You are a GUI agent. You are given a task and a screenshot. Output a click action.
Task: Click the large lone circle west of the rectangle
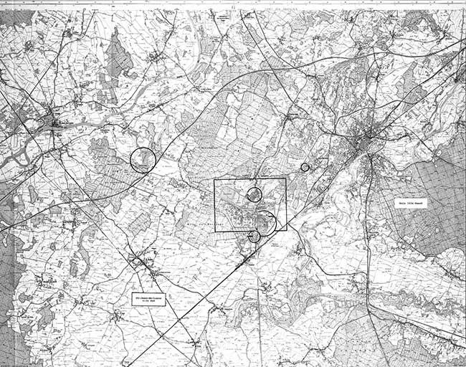click(143, 159)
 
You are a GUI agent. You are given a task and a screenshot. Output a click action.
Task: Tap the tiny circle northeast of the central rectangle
click(305, 167)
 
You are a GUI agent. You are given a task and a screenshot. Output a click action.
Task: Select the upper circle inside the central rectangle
click(254, 194)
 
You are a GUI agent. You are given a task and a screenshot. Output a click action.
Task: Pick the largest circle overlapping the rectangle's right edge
click(265, 223)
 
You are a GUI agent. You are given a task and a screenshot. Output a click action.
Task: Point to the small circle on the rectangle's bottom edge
click(254, 236)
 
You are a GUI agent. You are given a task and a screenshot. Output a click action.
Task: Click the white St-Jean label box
click(149, 298)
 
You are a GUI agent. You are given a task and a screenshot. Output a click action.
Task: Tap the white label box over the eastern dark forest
click(412, 204)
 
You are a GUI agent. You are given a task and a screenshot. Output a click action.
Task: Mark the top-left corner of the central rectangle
click(215, 179)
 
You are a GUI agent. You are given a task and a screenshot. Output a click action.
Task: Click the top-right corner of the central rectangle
click(286, 179)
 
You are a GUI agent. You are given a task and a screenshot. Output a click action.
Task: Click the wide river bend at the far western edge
click(14, 154)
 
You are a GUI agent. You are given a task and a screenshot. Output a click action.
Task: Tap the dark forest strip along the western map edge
click(6, 287)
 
